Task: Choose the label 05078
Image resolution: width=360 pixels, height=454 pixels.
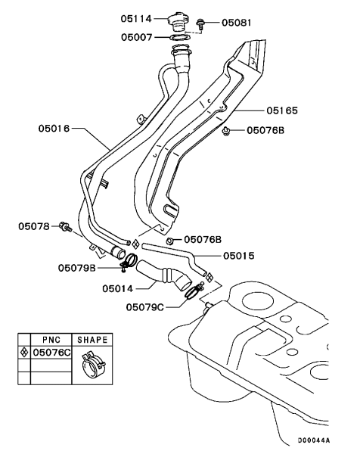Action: pos(33,225)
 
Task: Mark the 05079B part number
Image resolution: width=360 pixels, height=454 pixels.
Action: pos(77,267)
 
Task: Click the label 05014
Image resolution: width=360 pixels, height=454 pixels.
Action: pos(118,288)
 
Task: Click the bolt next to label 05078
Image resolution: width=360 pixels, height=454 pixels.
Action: pos(67,225)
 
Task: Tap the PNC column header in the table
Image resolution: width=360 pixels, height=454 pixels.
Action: pos(51,340)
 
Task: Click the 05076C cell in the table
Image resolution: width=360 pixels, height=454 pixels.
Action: pos(51,352)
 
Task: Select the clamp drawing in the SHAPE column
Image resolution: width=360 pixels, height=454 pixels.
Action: pos(91,365)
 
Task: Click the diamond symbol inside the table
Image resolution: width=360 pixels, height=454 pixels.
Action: pos(26,352)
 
